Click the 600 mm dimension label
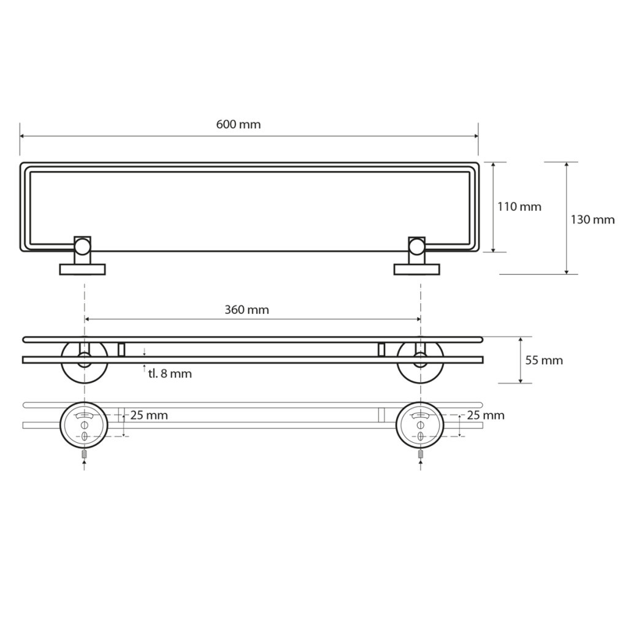pyautogui.click(x=239, y=124)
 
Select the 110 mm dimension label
pyautogui.click(x=519, y=207)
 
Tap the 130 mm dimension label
pyautogui.click(x=592, y=220)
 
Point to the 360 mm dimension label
pyautogui.click(x=247, y=310)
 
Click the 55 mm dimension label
pyautogui.click(x=544, y=361)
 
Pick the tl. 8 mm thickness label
pyautogui.click(x=170, y=373)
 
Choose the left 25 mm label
pyautogui.click(x=149, y=415)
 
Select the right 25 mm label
pyautogui.click(x=486, y=415)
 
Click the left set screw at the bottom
pyautogui.click(x=84, y=454)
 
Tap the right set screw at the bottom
pyautogui.click(x=420, y=454)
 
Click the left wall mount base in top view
pyautogui.click(x=83, y=269)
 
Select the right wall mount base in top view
pyautogui.click(x=416, y=269)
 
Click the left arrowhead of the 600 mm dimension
pyautogui.click(x=23, y=136)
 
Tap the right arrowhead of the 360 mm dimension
pyautogui.click(x=418, y=319)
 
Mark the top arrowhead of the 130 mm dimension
pyautogui.click(x=566, y=164)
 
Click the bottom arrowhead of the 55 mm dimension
pyautogui.click(x=520, y=380)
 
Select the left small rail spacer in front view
pyautogui.click(x=121, y=350)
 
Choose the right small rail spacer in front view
pyautogui.click(x=381, y=350)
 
